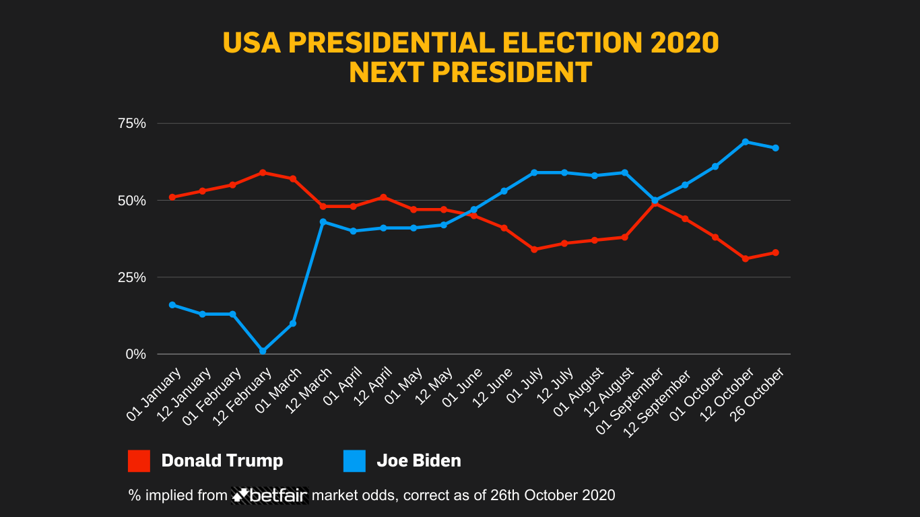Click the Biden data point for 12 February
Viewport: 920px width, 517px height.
263,351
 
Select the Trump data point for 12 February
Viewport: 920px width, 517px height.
263,172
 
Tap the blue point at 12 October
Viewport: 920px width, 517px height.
745,142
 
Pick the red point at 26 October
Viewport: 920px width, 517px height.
775,252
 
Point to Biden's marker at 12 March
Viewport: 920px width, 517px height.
323,222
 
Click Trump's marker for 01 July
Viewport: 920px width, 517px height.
534,249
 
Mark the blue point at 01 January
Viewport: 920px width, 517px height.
172,305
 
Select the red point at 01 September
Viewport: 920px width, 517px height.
655,203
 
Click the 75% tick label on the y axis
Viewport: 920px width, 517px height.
132,123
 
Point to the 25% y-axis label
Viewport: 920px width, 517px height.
132,277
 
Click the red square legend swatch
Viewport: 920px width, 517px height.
139,461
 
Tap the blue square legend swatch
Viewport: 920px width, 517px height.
354,461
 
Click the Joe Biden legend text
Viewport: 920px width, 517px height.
418,461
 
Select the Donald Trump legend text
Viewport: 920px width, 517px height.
222,461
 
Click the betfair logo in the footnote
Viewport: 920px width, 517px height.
270,495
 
